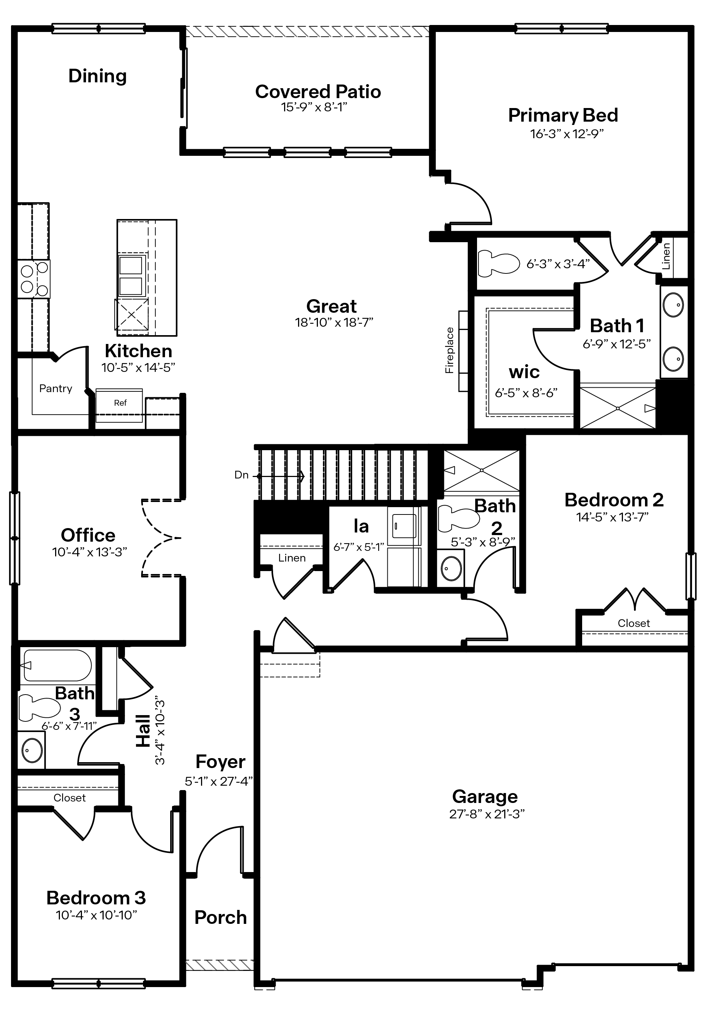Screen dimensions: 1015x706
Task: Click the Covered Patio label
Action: tap(318, 92)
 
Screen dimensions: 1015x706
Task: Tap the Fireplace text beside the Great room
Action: tap(449, 351)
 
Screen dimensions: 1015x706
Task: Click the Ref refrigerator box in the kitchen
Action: tap(120, 403)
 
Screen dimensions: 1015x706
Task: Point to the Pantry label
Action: tap(56, 388)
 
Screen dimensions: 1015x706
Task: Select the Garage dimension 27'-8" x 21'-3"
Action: tap(486, 814)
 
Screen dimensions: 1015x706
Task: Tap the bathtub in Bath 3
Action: tap(57, 665)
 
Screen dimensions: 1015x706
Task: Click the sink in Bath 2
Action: tap(451, 568)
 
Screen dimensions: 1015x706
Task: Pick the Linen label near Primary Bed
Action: tap(666, 256)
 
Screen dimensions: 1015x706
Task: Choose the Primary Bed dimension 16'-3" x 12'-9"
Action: tap(567, 133)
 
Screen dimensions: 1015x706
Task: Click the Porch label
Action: tap(220, 917)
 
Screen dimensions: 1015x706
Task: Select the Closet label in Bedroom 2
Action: tap(634, 623)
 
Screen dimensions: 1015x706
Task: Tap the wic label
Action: tap(524, 372)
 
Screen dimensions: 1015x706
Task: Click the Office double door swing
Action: tap(161, 538)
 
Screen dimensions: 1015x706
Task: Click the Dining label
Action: tap(97, 76)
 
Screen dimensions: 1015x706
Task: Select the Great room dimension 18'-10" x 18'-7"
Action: tap(334, 322)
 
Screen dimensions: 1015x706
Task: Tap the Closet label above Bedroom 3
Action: tap(69, 797)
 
